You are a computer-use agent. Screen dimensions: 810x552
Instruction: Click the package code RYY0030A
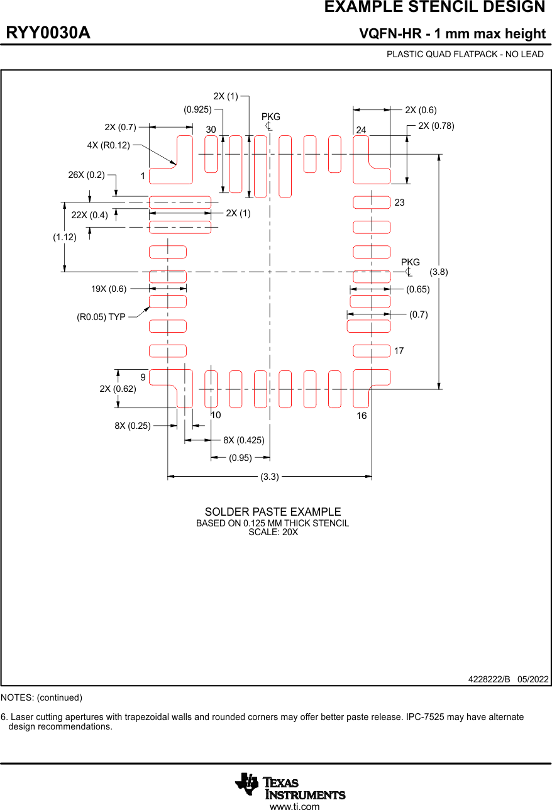[48, 33]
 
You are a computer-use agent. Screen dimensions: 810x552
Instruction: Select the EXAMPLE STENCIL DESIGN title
[434, 8]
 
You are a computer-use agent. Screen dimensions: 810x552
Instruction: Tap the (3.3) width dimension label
[270, 477]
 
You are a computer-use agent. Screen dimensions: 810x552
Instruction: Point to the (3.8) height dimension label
[439, 272]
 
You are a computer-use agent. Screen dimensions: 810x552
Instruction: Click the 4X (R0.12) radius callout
[108, 145]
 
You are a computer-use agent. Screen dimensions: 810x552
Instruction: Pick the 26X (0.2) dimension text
[86, 175]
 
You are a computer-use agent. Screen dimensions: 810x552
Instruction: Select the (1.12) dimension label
[64, 237]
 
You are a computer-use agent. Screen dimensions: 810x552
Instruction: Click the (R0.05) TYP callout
[101, 317]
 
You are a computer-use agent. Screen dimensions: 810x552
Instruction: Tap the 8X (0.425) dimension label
[244, 440]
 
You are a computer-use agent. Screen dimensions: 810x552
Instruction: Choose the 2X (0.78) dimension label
[436, 126]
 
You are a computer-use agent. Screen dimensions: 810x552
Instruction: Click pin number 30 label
[211, 130]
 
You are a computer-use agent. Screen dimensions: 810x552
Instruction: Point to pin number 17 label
[399, 351]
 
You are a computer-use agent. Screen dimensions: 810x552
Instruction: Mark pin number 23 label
[399, 203]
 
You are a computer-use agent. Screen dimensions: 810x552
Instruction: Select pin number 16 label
[362, 416]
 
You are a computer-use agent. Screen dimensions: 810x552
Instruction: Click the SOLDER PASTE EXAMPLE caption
[273, 512]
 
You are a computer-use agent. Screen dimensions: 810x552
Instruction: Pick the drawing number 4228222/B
[489, 679]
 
